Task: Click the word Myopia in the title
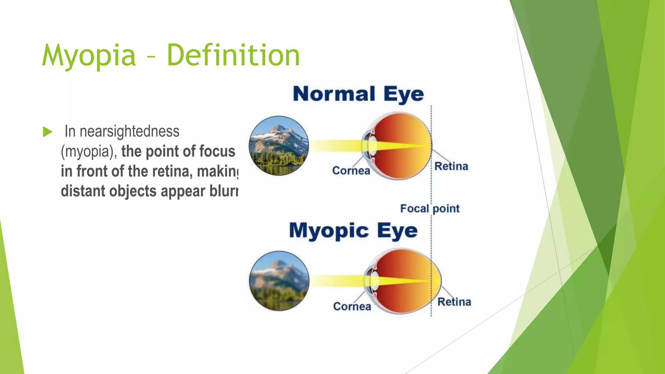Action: point(89,56)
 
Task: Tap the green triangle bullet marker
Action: point(47,132)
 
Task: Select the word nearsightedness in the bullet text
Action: point(129,131)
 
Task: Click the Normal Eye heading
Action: point(358,94)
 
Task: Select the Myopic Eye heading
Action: point(353,231)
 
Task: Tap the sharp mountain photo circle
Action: point(279,146)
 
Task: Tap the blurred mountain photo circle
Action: point(279,281)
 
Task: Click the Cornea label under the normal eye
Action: point(351,170)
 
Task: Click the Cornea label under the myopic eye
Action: point(352,306)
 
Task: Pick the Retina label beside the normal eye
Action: point(451,166)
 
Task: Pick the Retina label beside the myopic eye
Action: point(454,302)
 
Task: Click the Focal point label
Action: point(430,208)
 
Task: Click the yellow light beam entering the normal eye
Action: point(334,146)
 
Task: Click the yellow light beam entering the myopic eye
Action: point(334,281)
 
